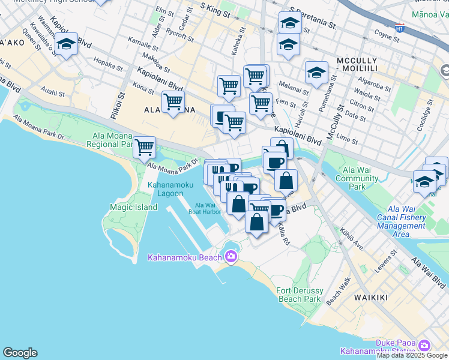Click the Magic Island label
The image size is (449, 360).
pyautogui.click(x=133, y=207)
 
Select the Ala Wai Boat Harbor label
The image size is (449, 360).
pyautogui.click(x=202, y=208)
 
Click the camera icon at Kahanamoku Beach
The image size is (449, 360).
pyautogui.click(x=231, y=257)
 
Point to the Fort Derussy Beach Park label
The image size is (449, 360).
pyautogui.click(x=299, y=295)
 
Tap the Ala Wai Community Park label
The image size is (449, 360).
pyautogui.click(x=357, y=178)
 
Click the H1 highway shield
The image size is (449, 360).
pyautogui.click(x=400, y=28)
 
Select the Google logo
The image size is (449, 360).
pyautogui.click(x=20, y=353)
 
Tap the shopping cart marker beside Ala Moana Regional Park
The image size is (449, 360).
pyautogui.click(x=145, y=146)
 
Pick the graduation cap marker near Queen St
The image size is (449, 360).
pyautogui.click(x=66, y=45)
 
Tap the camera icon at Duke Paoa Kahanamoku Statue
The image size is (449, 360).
pyautogui.click(x=425, y=346)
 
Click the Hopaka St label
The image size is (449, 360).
pyautogui.click(x=108, y=62)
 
